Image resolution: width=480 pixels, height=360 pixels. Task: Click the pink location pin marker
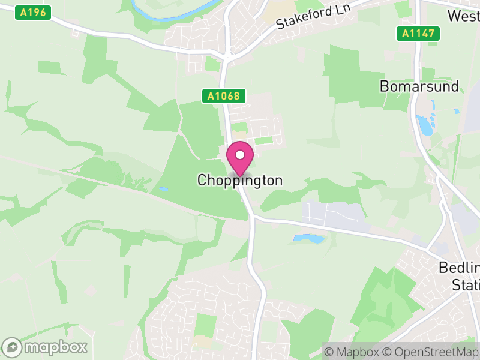[x=240, y=158]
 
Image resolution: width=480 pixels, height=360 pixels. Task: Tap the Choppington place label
[x=240, y=180]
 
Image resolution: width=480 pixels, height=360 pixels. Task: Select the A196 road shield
[x=32, y=12]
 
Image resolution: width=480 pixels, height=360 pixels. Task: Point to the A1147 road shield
[x=418, y=34]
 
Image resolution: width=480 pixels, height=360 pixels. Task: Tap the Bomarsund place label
[x=419, y=86]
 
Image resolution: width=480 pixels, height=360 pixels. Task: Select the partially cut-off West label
[x=463, y=16]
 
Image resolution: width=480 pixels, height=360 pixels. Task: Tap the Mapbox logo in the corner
[x=46, y=347]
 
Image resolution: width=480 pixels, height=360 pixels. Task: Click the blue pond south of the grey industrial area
[x=308, y=238]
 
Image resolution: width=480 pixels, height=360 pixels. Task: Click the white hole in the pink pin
[x=240, y=155]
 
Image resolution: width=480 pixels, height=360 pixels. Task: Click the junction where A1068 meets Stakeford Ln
[x=226, y=58]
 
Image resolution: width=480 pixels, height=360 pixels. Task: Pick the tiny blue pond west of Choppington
[x=164, y=189]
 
